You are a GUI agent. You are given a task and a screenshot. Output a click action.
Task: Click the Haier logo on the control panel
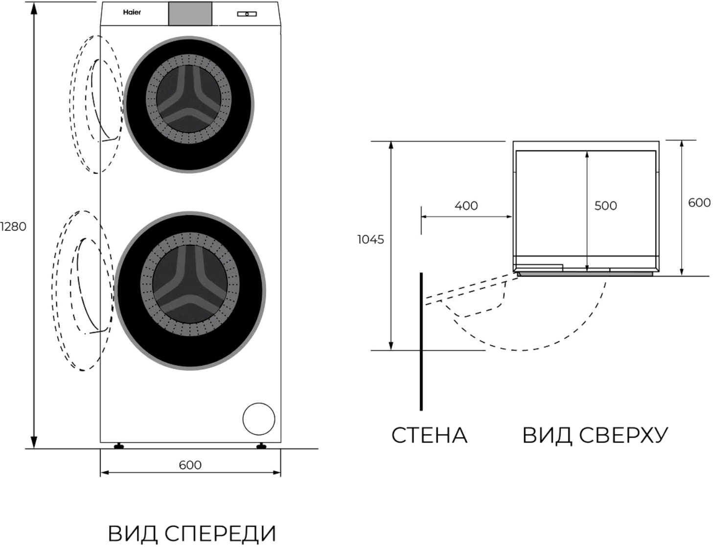(x=132, y=12)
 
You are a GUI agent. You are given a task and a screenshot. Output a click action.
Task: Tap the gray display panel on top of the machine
(x=190, y=14)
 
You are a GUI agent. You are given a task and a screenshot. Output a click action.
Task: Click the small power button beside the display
(x=247, y=14)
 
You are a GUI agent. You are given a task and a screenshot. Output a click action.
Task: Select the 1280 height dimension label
(x=13, y=227)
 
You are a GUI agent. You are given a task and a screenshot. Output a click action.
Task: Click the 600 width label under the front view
(x=190, y=465)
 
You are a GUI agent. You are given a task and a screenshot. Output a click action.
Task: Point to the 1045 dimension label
(x=370, y=239)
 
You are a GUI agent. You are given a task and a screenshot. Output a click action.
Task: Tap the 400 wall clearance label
(x=466, y=206)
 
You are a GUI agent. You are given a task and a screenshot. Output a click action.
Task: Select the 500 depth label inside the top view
(x=606, y=206)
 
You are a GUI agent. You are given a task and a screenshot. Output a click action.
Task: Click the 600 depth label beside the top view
(x=699, y=203)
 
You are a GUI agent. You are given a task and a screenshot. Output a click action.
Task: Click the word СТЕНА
(x=430, y=436)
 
